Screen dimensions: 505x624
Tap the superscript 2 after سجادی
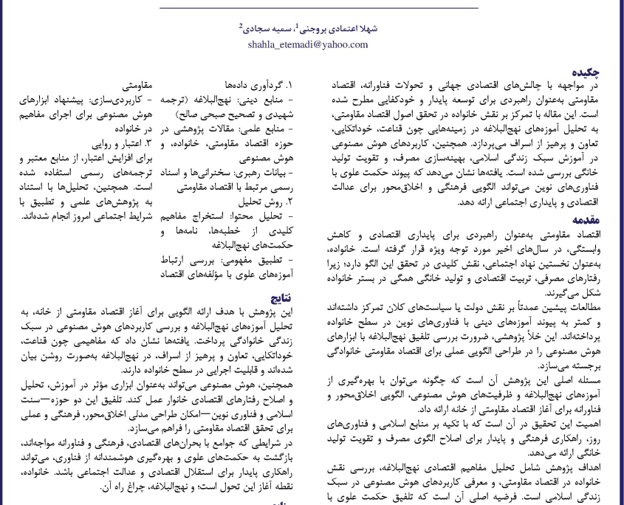(241, 25)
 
